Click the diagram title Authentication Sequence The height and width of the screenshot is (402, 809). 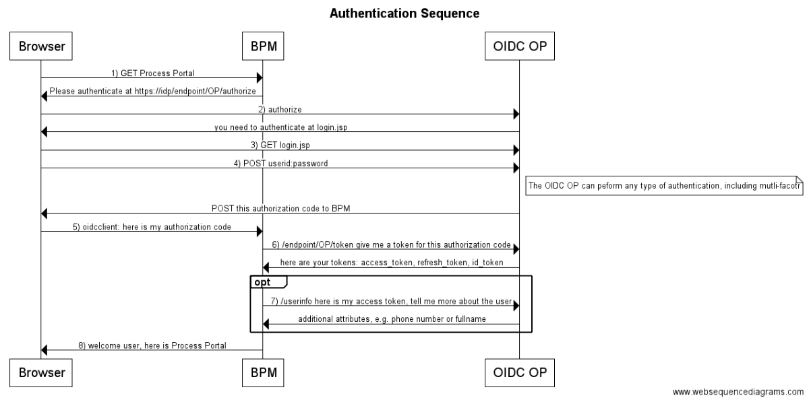tap(404, 13)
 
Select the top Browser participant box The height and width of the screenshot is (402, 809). tap(41, 46)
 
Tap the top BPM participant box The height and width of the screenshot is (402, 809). tap(262, 46)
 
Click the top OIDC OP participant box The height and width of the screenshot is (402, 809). tap(519, 46)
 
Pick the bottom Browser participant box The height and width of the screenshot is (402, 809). tap(41, 371)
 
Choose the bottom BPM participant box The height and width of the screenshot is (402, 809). tap(262, 371)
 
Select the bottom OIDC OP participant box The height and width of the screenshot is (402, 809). tap(519, 371)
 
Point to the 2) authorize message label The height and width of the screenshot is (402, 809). tap(280, 108)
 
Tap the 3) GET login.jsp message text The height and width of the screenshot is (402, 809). tap(280, 145)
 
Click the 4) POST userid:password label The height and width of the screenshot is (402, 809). tap(280, 163)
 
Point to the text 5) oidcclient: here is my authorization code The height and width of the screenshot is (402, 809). tap(152, 227)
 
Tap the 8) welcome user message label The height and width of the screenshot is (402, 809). tap(152, 345)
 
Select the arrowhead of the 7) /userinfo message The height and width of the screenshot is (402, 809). tap(515, 306)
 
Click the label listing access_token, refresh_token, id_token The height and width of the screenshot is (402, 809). tap(391, 262)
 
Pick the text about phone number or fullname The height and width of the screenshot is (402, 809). tap(391, 319)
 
